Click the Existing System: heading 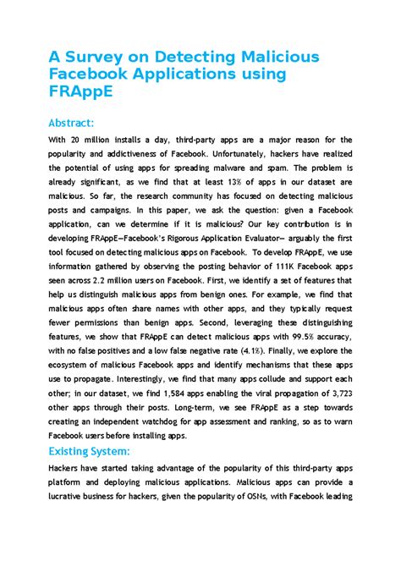pos(89,451)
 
